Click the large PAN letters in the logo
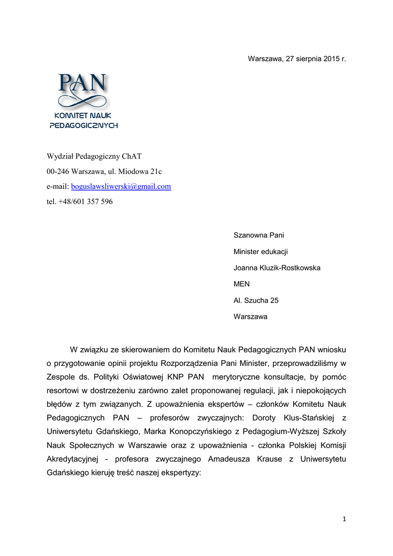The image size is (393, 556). click(x=83, y=85)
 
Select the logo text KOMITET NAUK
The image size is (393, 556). click(x=83, y=116)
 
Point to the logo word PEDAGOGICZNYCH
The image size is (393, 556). click(x=84, y=125)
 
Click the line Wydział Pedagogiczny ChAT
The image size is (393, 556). click(x=94, y=156)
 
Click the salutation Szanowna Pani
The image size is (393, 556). click(x=258, y=235)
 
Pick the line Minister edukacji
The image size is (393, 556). click(x=261, y=251)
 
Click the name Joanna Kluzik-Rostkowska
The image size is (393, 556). click(x=277, y=268)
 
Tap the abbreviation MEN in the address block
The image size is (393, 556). click(x=242, y=284)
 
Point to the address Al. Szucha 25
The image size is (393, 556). click(x=256, y=300)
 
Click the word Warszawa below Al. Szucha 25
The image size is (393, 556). click(x=250, y=317)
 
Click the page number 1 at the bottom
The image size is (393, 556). click(x=344, y=519)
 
